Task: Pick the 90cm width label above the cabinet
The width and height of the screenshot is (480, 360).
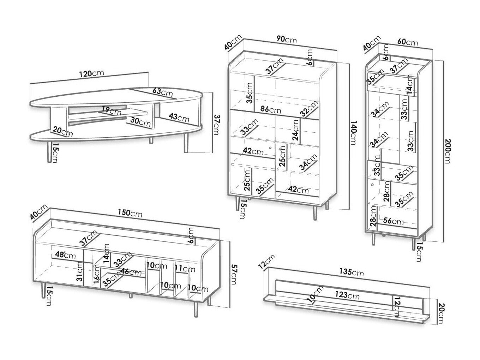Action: pyautogui.click(x=286, y=40)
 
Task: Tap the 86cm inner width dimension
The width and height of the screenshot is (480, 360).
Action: pyautogui.click(x=270, y=109)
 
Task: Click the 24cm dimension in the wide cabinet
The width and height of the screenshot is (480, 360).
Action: pyautogui.click(x=296, y=130)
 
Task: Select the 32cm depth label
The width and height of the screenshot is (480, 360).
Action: pyautogui.click(x=310, y=109)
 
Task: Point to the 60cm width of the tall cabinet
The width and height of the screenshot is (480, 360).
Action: pyautogui.click(x=407, y=43)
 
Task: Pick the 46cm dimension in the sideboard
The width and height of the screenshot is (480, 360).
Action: pyautogui.click(x=131, y=272)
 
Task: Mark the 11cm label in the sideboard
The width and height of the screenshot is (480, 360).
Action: pyautogui.click(x=185, y=269)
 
